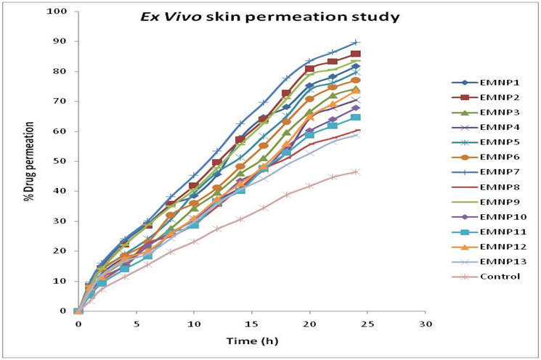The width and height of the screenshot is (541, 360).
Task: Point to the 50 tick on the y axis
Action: tap(62, 161)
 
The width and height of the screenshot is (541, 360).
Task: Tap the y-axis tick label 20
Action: tap(62, 251)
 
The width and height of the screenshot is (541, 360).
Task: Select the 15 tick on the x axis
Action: tap(252, 324)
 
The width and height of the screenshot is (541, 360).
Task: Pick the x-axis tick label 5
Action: tap(136, 324)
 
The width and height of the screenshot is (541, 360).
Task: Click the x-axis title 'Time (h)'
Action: tap(252, 340)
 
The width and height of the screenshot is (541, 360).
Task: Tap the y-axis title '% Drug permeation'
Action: tap(30, 161)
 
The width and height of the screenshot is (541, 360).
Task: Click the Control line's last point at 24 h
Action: tap(356, 171)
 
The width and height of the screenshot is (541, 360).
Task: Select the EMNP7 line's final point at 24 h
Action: tap(356, 42)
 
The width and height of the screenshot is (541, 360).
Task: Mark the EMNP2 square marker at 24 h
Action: tap(356, 54)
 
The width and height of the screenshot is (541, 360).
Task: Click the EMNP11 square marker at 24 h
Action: tap(356, 118)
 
